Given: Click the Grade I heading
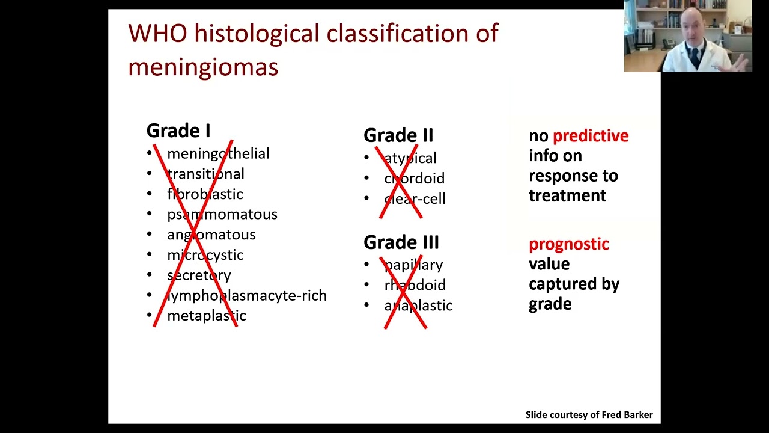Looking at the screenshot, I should pyautogui.click(x=178, y=131).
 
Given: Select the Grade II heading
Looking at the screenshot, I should pyautogui.click(x=398, y=135).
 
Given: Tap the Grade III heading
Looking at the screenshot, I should pyautogui.click(x=401, y=242).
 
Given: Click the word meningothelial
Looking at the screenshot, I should pyautogui.click(x=218, y=153).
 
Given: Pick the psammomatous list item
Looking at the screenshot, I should pyautogui.click(x=222, y=214).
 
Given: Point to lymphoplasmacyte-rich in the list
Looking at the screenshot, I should pyautogui.click(x=247, y=295).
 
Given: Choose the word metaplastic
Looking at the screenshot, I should pyautogui.click(x=206, y=316).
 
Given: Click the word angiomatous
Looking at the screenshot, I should pyautogui.click(x=211, y=235).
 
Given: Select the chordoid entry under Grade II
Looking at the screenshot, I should pyautogui.click(x=414, y=179).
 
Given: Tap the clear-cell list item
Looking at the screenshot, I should pyautogui.click(x=415, y=199).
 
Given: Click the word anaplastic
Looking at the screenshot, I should pyautogui.click(x=418, y=306).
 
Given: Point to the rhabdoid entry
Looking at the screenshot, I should pyautogui.click(x=415, y=285).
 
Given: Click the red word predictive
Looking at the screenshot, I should pyautogui.click(x=590, y=136).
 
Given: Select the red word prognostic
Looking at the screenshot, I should pyautogui.click(x=568, y=244).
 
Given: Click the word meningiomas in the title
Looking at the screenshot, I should pyautogui.click(x=203, y=67).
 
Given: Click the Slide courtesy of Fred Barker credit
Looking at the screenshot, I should pyautogui.click(x=589, y=414).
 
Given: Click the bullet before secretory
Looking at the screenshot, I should pyautogui.click(x=150, y=275).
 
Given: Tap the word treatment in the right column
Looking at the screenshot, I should pyautogui.click(x=567, y=195).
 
